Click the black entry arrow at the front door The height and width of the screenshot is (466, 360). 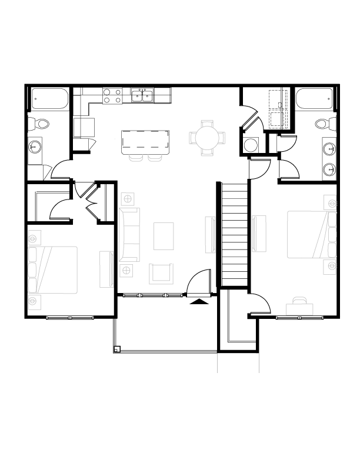(x=201, y=301)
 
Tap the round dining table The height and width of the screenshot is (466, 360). (x=206, y=138)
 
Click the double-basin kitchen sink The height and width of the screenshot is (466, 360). (x=142, y=95)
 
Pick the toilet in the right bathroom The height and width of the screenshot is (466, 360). (x=322, y=124)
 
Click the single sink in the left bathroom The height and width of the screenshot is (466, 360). (x=35, y=146)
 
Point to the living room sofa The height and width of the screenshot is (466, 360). (x=129, y=234)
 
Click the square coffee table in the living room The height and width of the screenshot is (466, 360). (x=164, y=236)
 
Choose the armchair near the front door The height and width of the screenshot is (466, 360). (x=162, y=273)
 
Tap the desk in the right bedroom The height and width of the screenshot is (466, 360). (x=301, y=307)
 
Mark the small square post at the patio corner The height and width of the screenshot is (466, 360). (x=117, y=349)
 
